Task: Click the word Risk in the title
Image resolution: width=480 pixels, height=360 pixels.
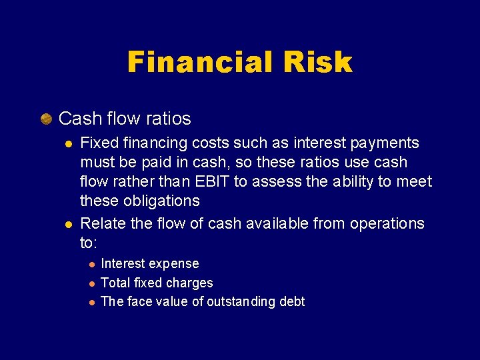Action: [317, 63]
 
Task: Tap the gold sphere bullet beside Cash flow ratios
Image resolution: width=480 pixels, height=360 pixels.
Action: [46, 119]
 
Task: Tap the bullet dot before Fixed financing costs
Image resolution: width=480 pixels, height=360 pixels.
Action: [67, 143]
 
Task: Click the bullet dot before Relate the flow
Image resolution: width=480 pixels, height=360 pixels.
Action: [67, 223]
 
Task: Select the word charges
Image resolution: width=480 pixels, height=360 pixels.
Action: [190, 283]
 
